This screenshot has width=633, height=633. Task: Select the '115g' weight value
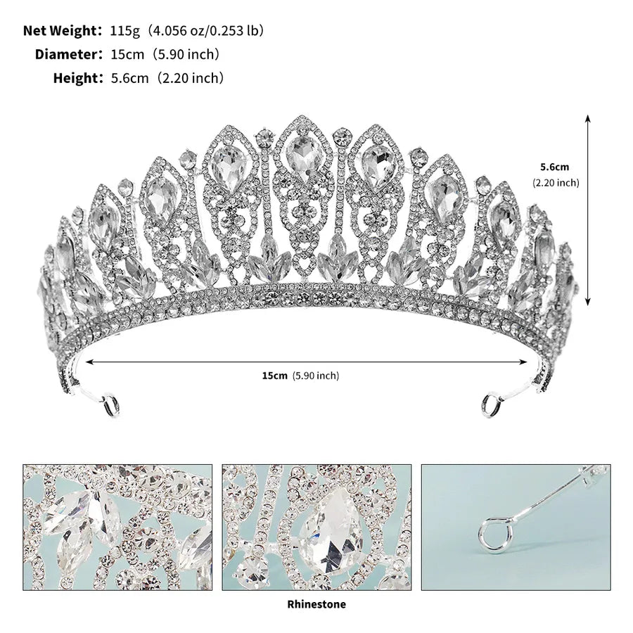coord(124,31)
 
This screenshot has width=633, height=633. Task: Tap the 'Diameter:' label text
coord(69,54)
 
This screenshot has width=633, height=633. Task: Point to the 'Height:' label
coord(79,77)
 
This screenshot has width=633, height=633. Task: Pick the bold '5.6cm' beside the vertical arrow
coord(555,167)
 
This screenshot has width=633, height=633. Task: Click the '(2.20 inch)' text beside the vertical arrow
coord(556,183)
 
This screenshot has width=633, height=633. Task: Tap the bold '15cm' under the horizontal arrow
coord(274,376)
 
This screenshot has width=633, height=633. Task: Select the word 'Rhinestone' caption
coord(316,604)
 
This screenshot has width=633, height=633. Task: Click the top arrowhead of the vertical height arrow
coord(588,118)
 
